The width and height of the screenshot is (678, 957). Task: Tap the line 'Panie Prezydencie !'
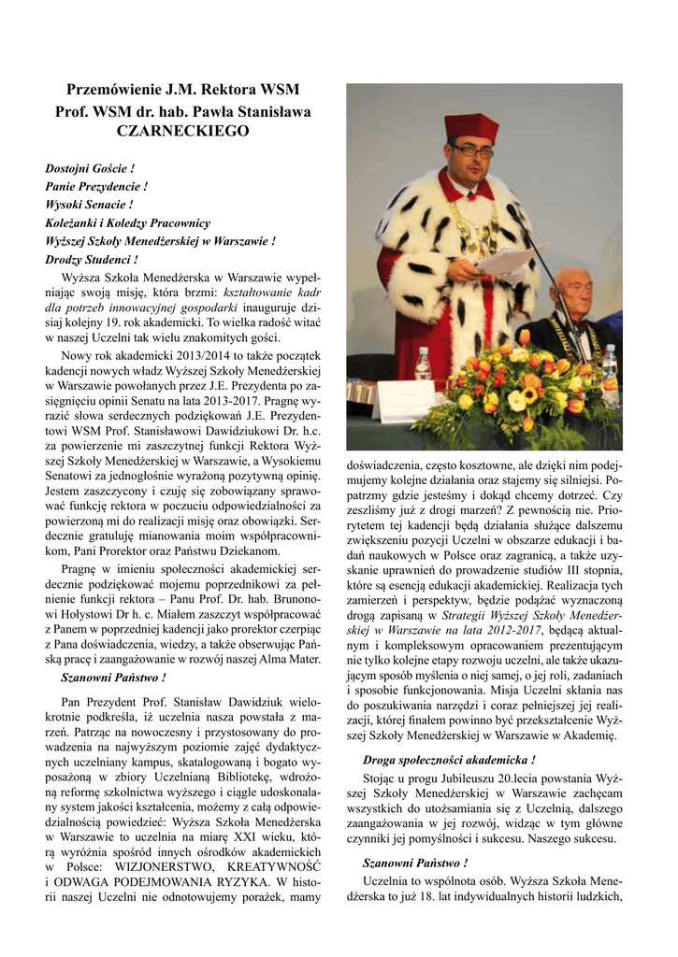(96, 186)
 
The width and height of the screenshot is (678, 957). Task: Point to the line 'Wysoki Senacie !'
(89, 204)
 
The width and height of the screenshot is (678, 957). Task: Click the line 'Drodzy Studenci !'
(92, 259)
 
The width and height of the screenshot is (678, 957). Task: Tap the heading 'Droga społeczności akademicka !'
(449, 761)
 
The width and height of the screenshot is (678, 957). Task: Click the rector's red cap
(471, 127)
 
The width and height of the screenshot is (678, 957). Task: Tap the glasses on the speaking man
(473, 150)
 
